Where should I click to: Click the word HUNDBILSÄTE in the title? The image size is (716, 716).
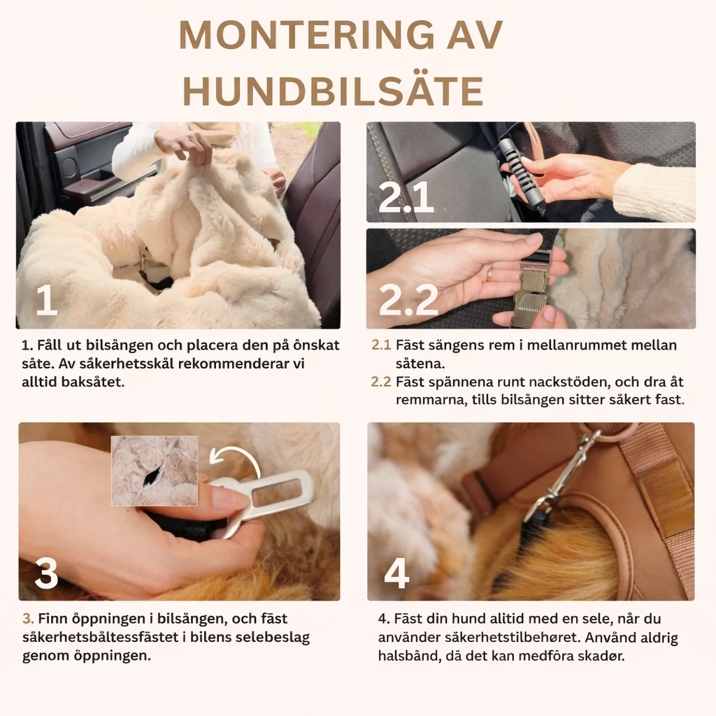pyautogui.click(x=333, y=91)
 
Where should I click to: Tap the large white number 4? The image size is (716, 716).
pyautogui.click(x=396, y=574)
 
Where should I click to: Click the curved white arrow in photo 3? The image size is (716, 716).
pyautogui.click(x=236, y=461)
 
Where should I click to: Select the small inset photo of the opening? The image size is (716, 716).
pyautogui.click(x=155, y=471)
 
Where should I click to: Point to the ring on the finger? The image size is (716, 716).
pyautogui.click(x=489, y=273)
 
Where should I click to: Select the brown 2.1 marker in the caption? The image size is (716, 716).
pyautogui.click(x=381, y=345)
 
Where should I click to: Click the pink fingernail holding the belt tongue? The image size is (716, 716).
pyautogui.click(x=229, y=499)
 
